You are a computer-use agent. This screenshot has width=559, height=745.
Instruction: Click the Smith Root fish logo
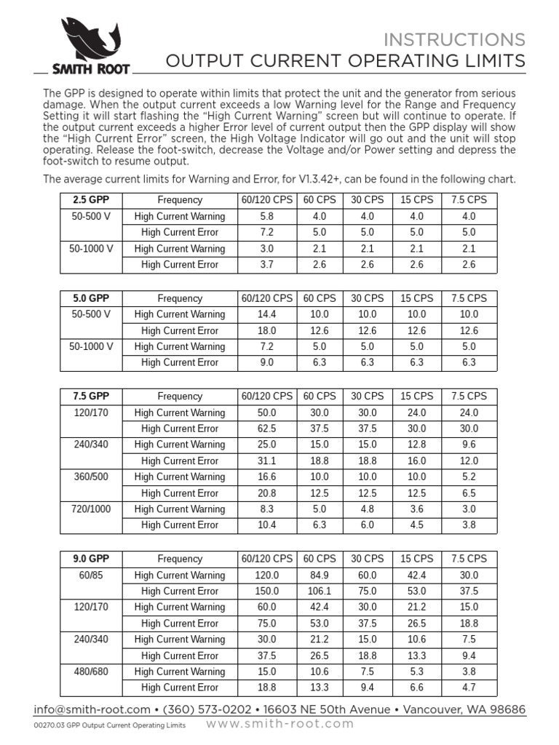pos(90,39)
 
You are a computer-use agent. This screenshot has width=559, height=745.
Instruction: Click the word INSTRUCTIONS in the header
pos(454,39)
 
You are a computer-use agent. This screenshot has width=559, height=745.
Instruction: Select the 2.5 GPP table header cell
pos(90,200)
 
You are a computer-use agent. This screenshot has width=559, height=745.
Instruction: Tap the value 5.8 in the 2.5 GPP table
pos(266,216)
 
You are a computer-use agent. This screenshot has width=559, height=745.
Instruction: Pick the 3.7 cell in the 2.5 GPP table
pos(266,265)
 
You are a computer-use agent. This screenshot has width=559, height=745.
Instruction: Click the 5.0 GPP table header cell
pos(90,298)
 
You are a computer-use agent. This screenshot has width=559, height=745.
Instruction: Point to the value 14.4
pos(266,314)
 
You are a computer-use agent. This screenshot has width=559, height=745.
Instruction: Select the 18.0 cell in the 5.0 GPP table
pos(266,331)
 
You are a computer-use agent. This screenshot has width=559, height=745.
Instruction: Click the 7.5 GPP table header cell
pos(90,397)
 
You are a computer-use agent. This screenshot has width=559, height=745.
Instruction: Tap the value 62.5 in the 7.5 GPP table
pos(266,429)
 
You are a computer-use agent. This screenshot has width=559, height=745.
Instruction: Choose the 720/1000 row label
pos(90,509)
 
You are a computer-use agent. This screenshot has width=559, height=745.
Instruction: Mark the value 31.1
pos(266,461)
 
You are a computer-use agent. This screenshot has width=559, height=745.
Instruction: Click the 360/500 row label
pos(90,477)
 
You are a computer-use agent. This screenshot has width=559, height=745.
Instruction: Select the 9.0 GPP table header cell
pos(90,559)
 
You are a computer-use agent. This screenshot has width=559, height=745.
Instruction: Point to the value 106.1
pos(319,591)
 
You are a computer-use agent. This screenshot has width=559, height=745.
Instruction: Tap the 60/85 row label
pos(90,575)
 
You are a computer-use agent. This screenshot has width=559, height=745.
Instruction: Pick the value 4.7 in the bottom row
pos(469,688)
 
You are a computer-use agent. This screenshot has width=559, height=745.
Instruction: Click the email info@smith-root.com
pos(92,709)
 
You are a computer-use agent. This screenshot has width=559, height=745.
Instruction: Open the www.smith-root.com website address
pos(280,724)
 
